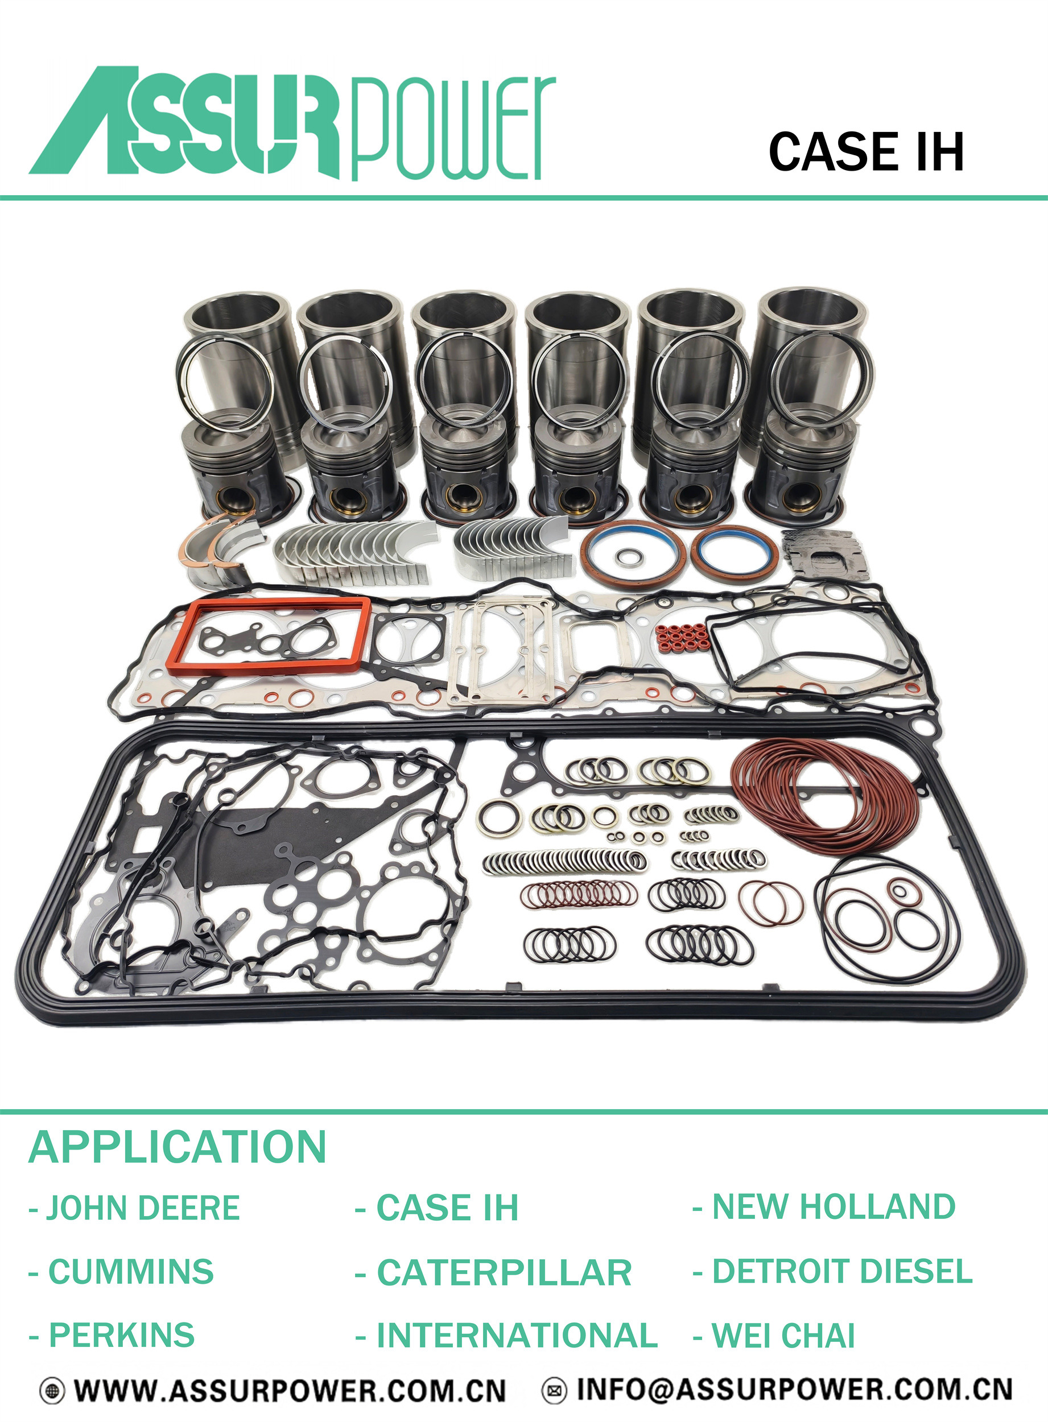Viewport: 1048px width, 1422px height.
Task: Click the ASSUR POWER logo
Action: click(x=292, y=123)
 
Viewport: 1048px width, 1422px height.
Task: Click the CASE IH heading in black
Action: click(x=866, y=152)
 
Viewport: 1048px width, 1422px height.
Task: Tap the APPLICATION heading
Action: click(x=177, y=1147)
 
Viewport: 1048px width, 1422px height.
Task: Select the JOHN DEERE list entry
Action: click(x=134, y=1208)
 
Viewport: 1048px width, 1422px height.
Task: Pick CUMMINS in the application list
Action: click(x=122, y=1272)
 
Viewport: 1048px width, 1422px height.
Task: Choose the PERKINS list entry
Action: click(x=112, y=1335)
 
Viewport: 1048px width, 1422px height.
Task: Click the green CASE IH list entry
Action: click(x=437, y=1208)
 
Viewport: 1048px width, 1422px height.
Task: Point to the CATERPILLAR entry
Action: click(x=493, y=1272)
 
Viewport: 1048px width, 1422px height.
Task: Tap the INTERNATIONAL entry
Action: click(x=506, y=1335)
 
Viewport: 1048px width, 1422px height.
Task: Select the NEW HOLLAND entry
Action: click(x=824, y=1206)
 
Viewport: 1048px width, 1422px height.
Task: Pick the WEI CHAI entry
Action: click(x=774, y=1335)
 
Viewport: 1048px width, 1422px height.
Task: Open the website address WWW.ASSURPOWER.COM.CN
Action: click(x=290, y=1391)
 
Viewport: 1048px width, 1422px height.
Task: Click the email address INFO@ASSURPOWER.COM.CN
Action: click(x=794, y=1390)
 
